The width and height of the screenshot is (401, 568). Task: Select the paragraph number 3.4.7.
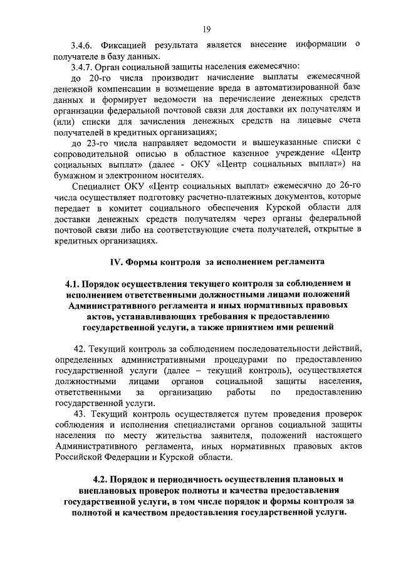82,67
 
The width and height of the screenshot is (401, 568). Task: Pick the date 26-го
348,187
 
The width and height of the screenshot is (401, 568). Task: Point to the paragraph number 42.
79,348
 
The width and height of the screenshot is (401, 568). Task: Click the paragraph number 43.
79,414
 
